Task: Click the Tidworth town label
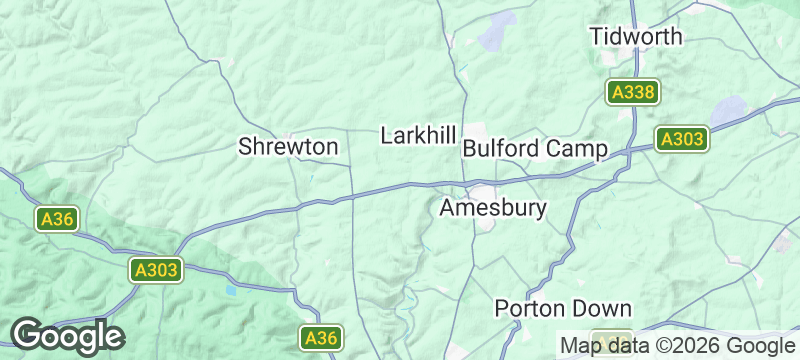(635, 36)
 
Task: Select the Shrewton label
(287, 147)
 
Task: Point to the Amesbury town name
(493, 208)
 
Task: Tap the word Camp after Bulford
(577, 148)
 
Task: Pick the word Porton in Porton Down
(533, 308)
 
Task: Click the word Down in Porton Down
(604, 308)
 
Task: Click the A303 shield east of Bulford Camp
(682, 139)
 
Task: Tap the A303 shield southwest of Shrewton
(156, 269)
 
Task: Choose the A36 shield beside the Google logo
(321, 338)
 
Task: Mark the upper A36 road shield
(55, 219)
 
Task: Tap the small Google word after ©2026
(759, 345)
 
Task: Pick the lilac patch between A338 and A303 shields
(729, 109)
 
